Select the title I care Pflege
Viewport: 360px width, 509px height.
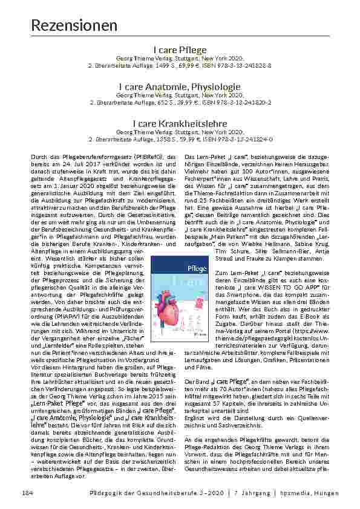(180, 50)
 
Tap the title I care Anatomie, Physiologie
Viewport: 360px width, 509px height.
(180, 88)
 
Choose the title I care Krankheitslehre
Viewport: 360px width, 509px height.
(180, 123)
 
